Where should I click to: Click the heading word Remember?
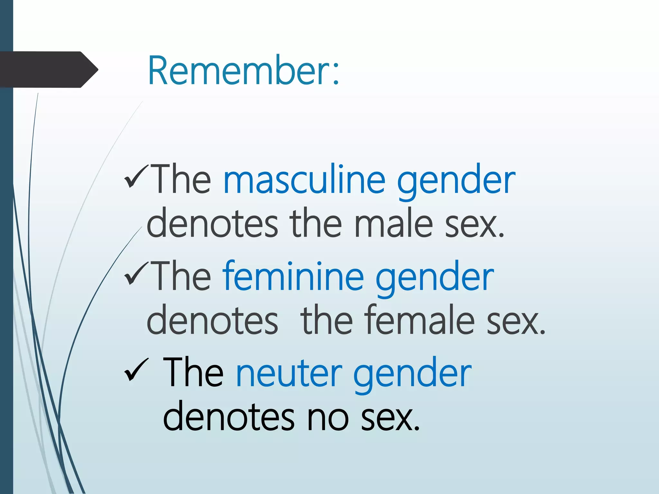pyautogui.click(x=238, y=71)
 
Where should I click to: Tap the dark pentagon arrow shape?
pyautogui.click(x=48, y=69)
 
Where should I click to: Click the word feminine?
pyautogui.click(x=293, y=277)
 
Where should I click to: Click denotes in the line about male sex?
pyautogui.click(x=212, y=224)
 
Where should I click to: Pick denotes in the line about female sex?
pyautogui.click(x=212, y=320)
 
